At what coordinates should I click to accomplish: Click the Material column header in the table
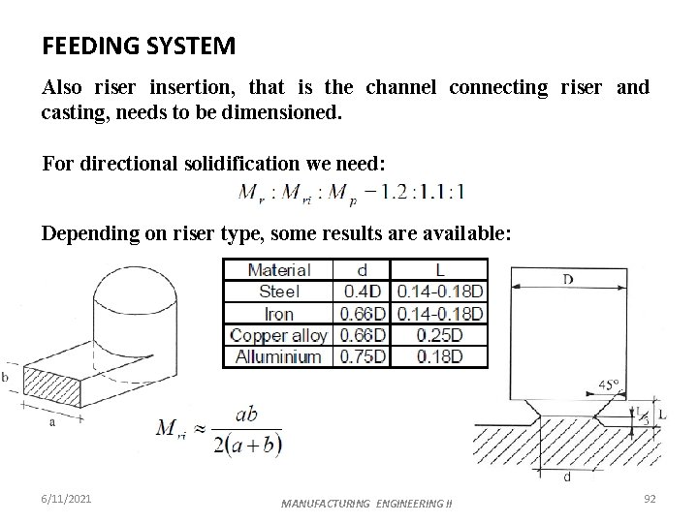[278, 270]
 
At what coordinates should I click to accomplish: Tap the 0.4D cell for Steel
[363, 292]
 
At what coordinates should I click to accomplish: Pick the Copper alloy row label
[278, 335]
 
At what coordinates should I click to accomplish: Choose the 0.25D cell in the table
[440, 335]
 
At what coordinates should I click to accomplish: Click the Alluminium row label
[278, 356]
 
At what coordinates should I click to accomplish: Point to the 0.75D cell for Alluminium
[363, 356]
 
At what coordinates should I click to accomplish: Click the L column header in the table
[440, 270]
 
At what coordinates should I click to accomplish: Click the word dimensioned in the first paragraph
[283, 112]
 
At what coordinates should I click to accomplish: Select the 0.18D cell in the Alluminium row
[440, 356]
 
